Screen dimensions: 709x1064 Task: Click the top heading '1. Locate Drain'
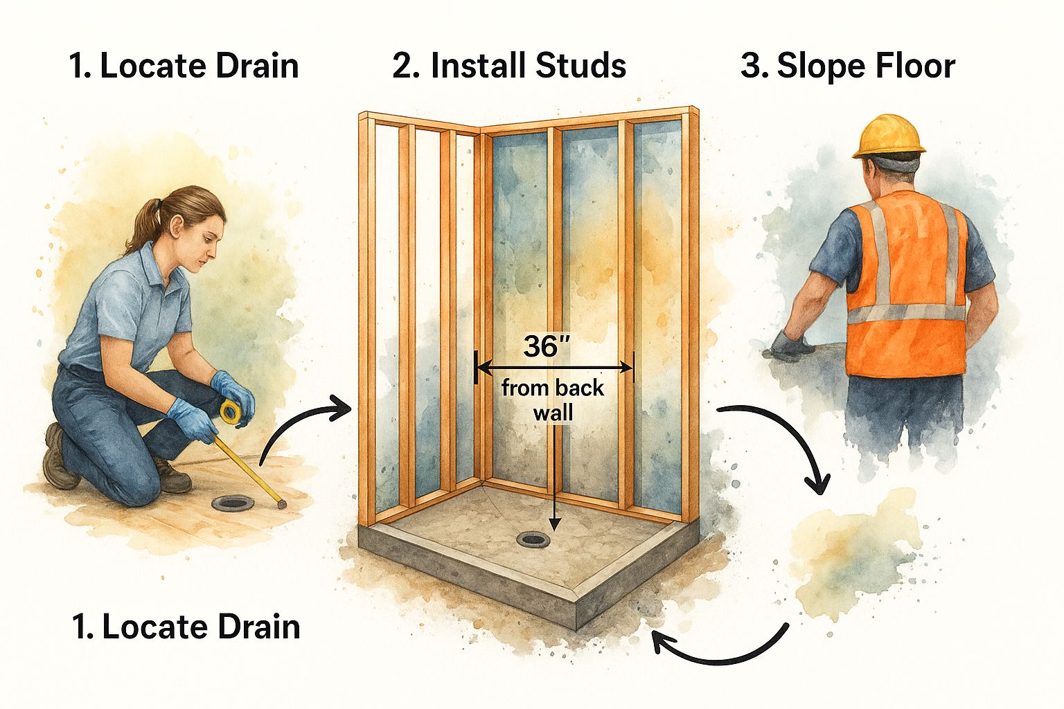[184, 66]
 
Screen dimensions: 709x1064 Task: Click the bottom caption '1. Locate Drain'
[186, 627]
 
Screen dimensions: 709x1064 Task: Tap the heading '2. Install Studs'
[509, 66]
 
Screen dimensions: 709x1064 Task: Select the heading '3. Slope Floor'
[847, 66]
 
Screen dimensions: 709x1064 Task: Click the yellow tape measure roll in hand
[231, 413]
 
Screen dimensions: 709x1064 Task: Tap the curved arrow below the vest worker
[783, 443]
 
